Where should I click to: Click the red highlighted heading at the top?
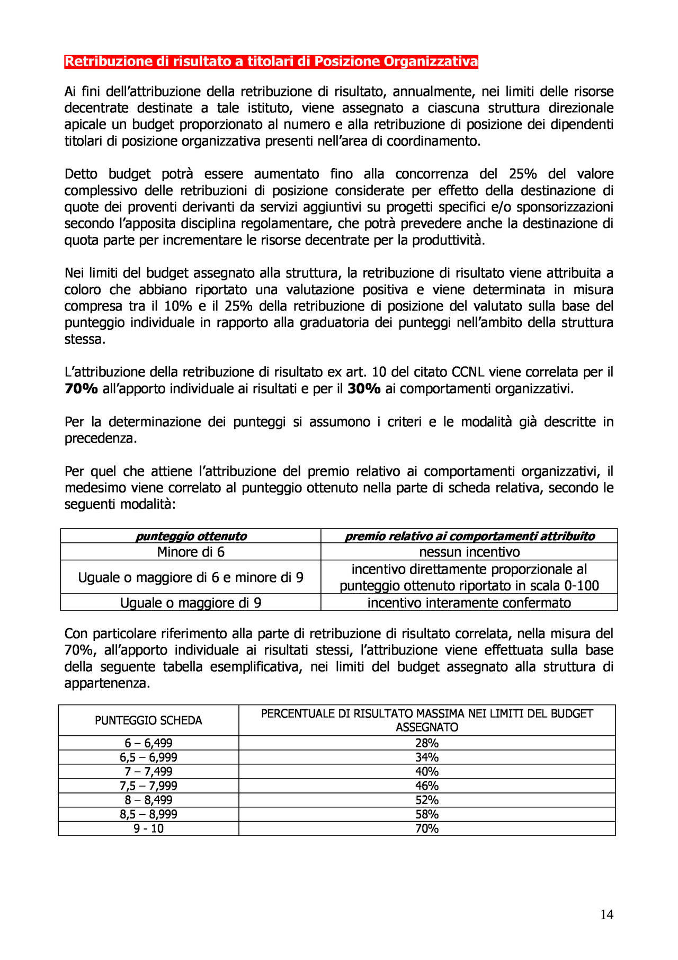tap(271, 62)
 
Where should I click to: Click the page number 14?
tap(606, 914)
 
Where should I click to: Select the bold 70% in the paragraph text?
tap(81, 389)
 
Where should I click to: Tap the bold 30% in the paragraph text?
tap(364, 389)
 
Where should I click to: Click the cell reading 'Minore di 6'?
tap(191, 552)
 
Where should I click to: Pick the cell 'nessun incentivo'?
tap(469, 552)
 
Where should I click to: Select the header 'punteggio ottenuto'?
tap(191, 536)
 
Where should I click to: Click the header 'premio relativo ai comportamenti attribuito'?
tap(469, 536)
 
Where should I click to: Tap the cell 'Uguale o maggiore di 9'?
tap(191, 603)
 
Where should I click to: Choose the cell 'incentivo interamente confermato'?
tap(469, 603)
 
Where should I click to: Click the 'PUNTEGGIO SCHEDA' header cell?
tap(148, 720)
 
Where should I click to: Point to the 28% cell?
tap(427, 743)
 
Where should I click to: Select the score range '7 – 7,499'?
tap(148, 772)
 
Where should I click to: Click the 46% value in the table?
tap(427, 786)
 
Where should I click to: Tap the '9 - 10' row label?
tap(148, 829)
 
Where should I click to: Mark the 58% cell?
tap(427, 814)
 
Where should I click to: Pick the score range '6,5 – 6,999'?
tap(148, 758)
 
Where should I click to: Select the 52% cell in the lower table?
tap(427, 800)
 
